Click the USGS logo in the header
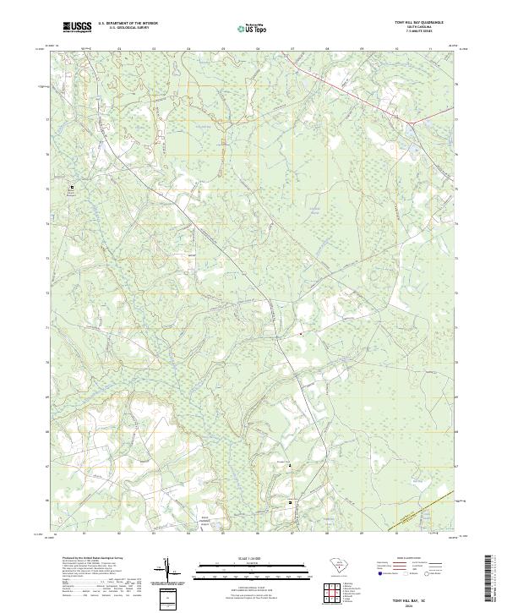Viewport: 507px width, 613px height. point(77,27)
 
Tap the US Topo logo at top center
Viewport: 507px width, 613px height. point(250,28)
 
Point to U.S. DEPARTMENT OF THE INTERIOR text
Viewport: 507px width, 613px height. point(128,24)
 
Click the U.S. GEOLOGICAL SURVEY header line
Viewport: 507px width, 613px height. point(128,29)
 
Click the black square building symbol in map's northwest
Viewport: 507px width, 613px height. point(71,188)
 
